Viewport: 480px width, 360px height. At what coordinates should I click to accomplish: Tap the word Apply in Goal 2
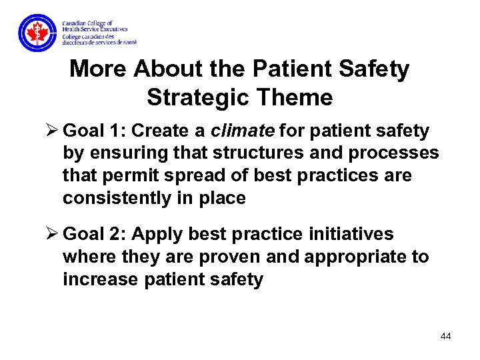[158, 234]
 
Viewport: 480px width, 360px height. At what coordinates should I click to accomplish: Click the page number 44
[446, 336]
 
